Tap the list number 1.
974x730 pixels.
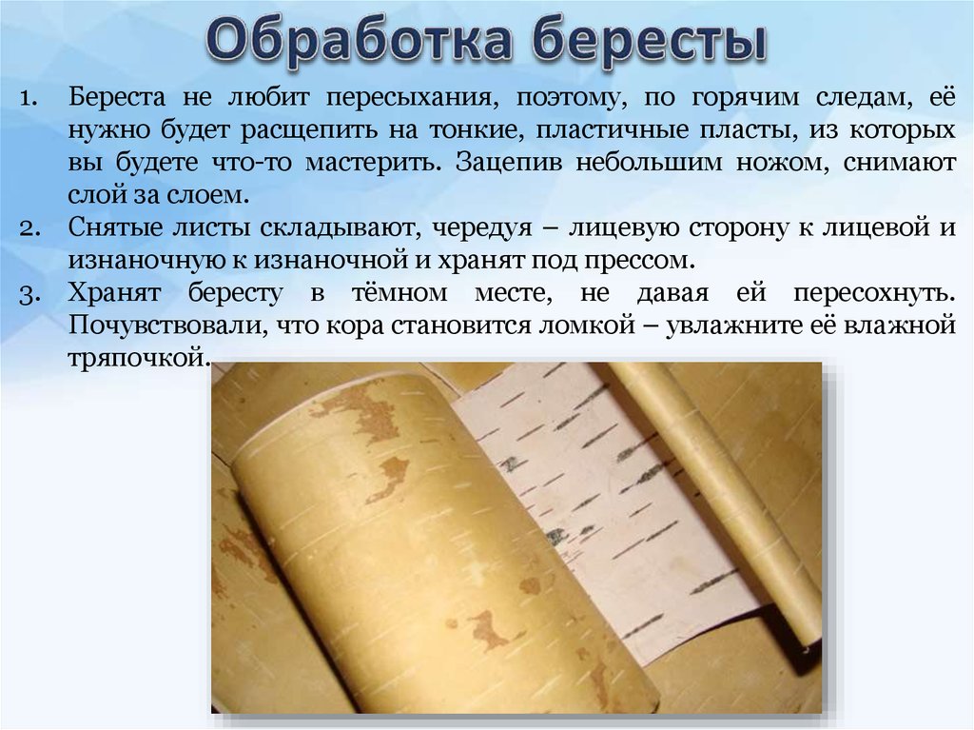29,98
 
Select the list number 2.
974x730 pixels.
29,228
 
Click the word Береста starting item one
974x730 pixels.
117,97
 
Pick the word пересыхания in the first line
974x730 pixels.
413,99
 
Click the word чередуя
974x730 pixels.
482,228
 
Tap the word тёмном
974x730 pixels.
399,292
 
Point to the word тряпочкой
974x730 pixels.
139,359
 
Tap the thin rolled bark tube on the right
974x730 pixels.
714,498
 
